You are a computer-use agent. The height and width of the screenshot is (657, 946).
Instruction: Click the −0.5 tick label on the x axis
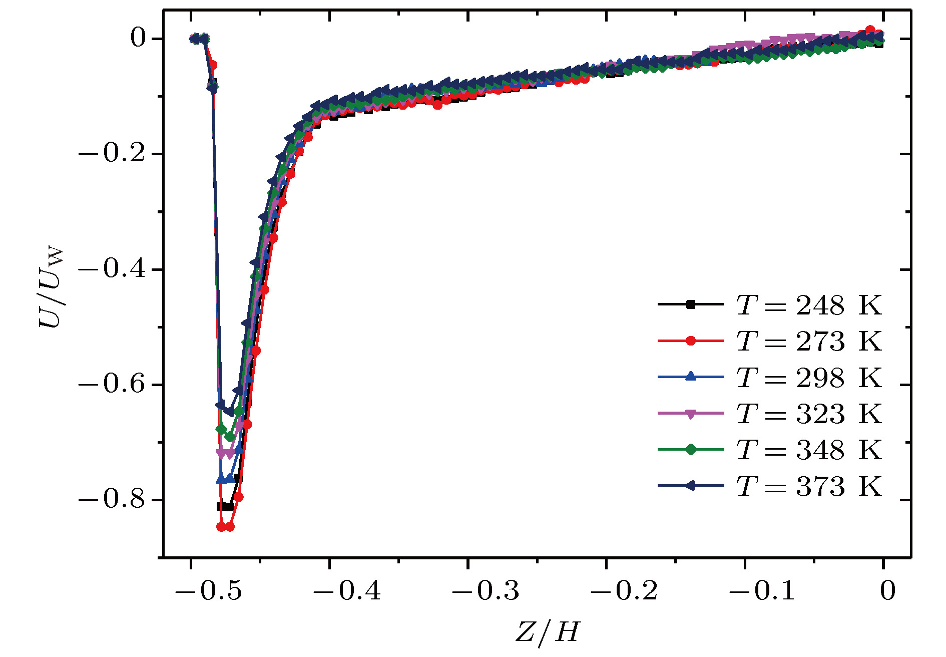[x=208, y=591]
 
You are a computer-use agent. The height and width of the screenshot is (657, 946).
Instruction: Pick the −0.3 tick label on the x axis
[x=485, y=591]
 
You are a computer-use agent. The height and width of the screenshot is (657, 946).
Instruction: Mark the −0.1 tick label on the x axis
[x=761, y=591]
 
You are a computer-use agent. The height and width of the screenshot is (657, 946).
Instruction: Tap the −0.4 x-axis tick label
[x=347, y=591]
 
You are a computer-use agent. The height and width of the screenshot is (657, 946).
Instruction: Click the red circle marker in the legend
[x=691, y=341]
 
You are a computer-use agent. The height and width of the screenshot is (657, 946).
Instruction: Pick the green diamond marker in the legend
[x=691, y=450]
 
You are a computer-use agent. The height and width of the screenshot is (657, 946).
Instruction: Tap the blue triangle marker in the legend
[x=691, y=377]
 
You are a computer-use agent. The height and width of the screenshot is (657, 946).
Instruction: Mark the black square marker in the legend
[x=691, y=304]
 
